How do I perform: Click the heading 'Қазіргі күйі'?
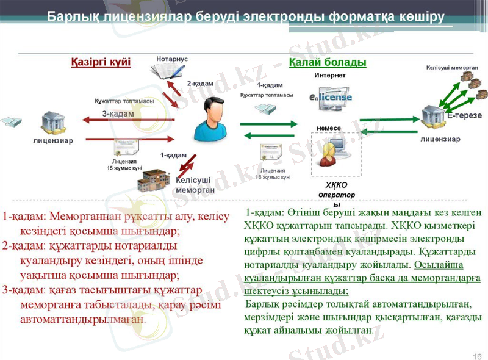101,63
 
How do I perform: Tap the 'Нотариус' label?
172,59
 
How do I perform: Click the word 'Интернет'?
330,75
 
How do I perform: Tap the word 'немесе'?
329,128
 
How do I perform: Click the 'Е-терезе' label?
464,115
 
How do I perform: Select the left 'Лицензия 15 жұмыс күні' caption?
124,164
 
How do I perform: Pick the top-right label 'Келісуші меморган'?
451,68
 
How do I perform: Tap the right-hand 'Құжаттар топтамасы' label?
267,95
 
